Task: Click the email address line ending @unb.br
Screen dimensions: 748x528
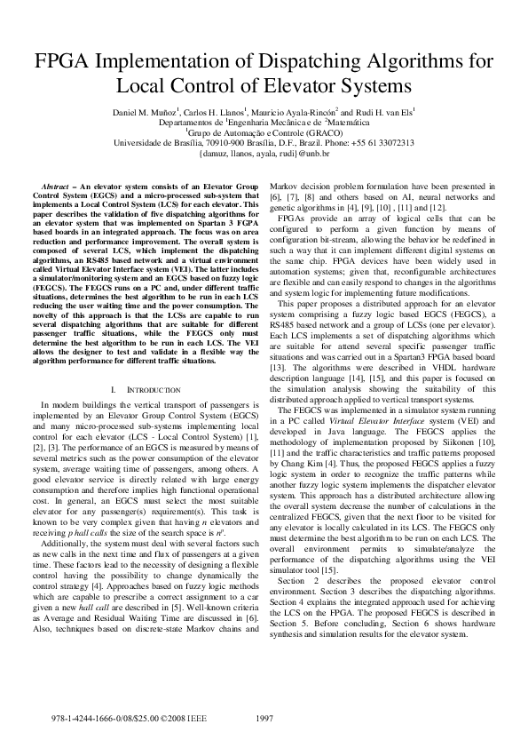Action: pyautogui.click(x=264, y=153)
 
